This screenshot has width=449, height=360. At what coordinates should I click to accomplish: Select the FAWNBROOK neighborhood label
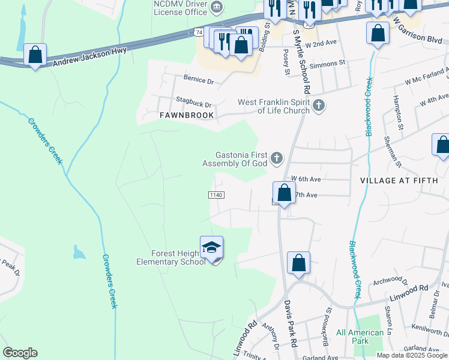pos(187,115)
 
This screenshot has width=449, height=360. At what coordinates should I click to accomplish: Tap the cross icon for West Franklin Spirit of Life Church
pos(319,106)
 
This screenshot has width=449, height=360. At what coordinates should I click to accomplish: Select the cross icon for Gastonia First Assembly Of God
pos(276,159)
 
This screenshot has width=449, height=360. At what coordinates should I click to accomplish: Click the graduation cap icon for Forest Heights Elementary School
pos(211,247)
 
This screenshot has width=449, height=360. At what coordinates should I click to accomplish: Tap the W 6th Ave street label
pos(303,179)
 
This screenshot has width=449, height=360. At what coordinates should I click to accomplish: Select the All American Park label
pos(360,337)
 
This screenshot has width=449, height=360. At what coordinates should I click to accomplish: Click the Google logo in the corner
pos(20,353)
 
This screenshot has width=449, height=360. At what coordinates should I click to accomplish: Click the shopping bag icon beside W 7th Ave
pos(284,193)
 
